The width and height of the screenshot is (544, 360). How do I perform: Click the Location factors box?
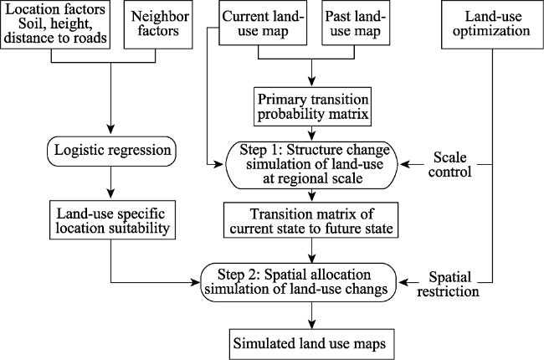tap(55, 24)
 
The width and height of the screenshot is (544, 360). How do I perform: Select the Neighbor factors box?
tap(158, 24)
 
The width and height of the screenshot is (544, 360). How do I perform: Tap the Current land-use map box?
tap(263, 23)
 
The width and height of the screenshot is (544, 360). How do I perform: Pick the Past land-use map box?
tap(356, 23)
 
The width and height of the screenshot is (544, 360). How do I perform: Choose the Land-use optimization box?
tap(492, 24)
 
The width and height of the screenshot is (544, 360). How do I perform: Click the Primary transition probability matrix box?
tap(312, 106)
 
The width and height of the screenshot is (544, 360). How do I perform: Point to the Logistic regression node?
tap(111, 151)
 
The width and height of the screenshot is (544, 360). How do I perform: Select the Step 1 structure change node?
tap(311, 165)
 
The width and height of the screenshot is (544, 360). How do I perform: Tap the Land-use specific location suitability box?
tap(112, 219)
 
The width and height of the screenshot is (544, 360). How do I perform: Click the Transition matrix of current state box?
tap(310, 220)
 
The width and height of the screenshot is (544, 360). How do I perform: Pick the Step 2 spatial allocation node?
tap(299, 282)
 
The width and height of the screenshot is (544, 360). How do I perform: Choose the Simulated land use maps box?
tap(311, 344)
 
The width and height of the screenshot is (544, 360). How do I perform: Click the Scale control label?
tap(450, 164)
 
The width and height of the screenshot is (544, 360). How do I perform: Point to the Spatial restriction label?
tap(449, 284)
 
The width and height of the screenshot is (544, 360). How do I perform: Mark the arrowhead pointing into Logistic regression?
tap(110, 129)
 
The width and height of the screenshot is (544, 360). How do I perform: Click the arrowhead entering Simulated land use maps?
tap(312, 323)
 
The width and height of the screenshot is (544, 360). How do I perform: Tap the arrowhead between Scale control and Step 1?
tap(404, 164)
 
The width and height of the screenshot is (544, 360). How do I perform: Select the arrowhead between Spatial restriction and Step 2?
tap(403, 282)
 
